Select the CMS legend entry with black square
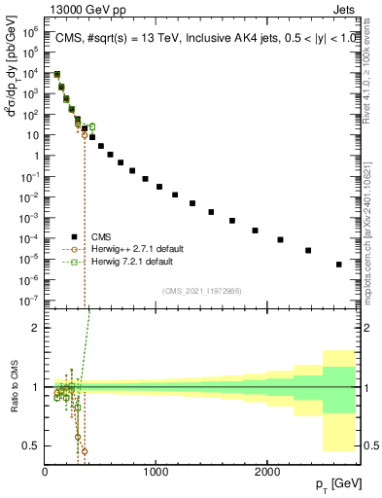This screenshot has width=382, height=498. pyautogui.click(x=101, y=236)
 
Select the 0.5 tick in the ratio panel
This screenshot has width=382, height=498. pyautogui.click(x=31, y=445)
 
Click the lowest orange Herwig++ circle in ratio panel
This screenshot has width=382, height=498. pyautogui.click(x=85, y=451)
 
